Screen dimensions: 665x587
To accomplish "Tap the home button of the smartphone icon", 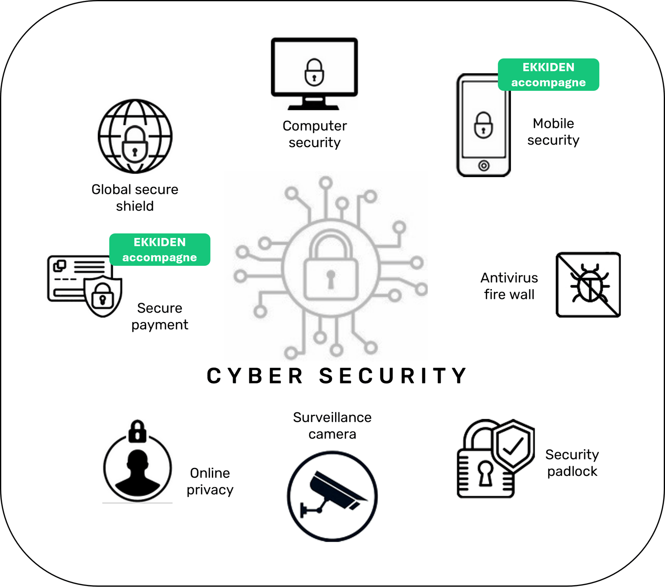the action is click(484, 166).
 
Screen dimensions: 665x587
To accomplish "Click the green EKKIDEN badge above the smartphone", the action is click(548, 74).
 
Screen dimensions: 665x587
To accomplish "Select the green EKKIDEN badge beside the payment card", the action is click(159, 249).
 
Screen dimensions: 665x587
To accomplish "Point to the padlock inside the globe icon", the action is click(135, 144).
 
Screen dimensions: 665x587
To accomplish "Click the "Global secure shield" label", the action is click(135, 198).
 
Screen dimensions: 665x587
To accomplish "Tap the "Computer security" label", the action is click(314, 134).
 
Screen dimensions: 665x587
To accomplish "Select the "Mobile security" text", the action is click(553, 132).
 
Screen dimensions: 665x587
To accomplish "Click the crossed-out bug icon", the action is click(588, 285).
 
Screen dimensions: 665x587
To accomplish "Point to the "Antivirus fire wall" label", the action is click(509, 286).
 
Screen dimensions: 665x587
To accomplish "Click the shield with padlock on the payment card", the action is click(103, 296).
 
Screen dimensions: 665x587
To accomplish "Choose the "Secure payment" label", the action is click(159, 316).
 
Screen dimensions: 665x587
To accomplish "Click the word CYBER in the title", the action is click(255, 375).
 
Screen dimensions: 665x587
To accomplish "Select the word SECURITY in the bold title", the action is click(392, 375).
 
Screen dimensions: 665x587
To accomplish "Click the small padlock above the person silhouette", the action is click(137, 431).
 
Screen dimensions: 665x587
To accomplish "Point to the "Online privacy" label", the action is click(210, 481).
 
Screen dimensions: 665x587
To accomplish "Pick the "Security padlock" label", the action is click(572, 463).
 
